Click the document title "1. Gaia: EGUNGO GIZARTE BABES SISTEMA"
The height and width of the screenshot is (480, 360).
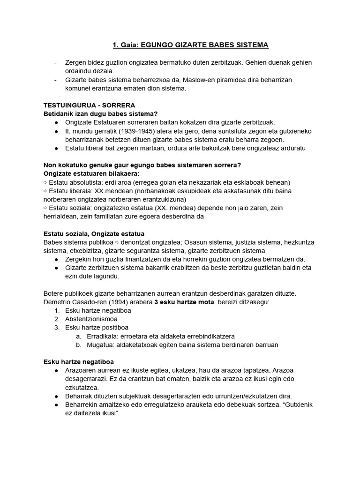pos(190,45)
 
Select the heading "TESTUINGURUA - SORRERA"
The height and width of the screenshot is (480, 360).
pos(89,105)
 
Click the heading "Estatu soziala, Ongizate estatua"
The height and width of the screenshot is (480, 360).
pos(94,233)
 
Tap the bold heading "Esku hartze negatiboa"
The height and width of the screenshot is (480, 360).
pos(79,362)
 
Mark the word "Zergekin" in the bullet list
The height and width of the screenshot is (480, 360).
pos(79,259)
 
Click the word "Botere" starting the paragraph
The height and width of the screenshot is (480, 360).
pos(54,293)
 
